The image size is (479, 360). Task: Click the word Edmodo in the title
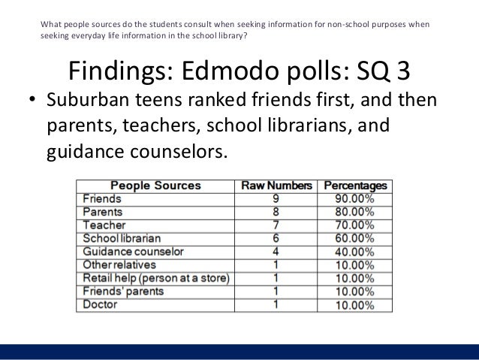(239, 71)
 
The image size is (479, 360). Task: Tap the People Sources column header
(156, 186)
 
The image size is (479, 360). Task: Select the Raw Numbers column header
(276, 186)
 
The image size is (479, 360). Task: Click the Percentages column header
(354, 186)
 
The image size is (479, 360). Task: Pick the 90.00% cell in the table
(354, 199)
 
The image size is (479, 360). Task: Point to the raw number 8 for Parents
(276, 212)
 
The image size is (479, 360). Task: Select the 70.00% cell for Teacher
(354, 225)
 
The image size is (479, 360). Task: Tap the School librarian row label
(122, 238)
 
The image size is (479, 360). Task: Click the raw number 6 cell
(276, 238)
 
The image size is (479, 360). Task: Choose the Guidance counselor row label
(133, 252)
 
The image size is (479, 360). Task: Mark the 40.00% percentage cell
(354, 252)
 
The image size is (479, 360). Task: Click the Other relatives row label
(119, 265)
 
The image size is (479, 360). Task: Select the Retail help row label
(155, 278)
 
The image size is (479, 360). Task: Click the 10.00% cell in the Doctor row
(354, 304)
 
